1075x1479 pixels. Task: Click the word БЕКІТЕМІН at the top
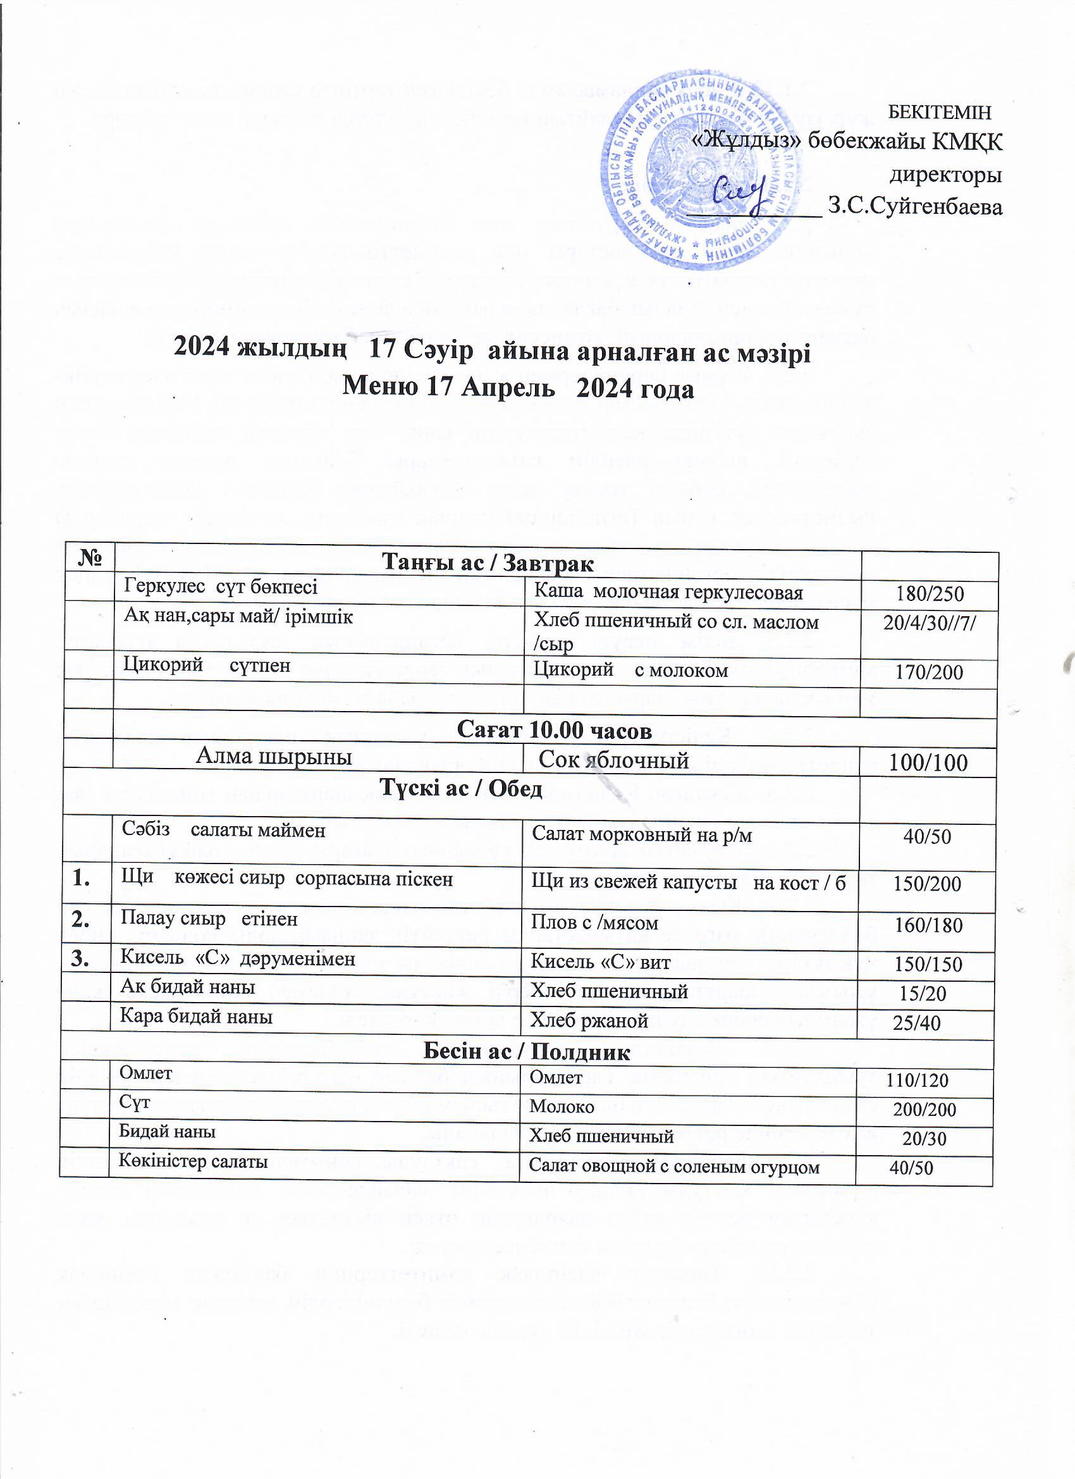pyautogui.click(x=940, y=112)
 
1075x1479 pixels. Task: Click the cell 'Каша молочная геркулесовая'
pyautogui.click(x=668, y=592)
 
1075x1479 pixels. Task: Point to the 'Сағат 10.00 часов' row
pyautogui.click(x=554, y=731)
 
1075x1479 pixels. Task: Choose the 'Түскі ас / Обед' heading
pyautogui.click(x=461, y=789)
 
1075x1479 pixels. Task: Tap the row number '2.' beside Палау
pyautogui.click(x=83, y=920)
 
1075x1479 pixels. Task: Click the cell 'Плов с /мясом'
pyautogui.click(x=594, y=923)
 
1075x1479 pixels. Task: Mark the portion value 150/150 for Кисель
pyautogui.click(x=928, y=964)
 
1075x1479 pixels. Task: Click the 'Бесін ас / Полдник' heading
pyautogui.click(x=527, y=1051)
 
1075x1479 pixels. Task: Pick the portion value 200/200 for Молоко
pyautogui.click(x=924, y=1110)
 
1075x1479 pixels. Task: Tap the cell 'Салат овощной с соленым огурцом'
pyautogui.click(x=673, y=1166)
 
